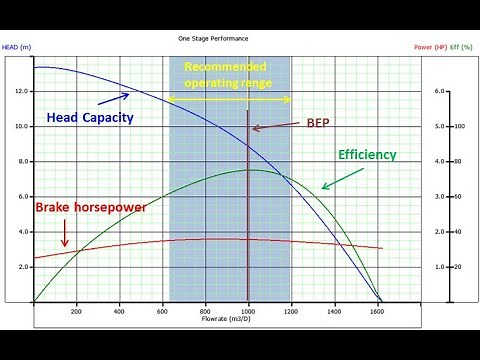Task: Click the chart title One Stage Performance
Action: pyautogui.click(x=213, y=38)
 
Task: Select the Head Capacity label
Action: pyautogui.click(x=90, y=118)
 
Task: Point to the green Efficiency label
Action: pyautogui.click(x=367, y=155)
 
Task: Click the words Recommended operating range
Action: pyautogui.click(x=227, y=75)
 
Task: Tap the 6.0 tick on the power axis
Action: pyautogui.click(x=439, y=92)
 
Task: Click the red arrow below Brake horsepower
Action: pyautogui.click(x=64, y=233)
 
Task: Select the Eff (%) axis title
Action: pyautogui.click(x=462, y=45)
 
